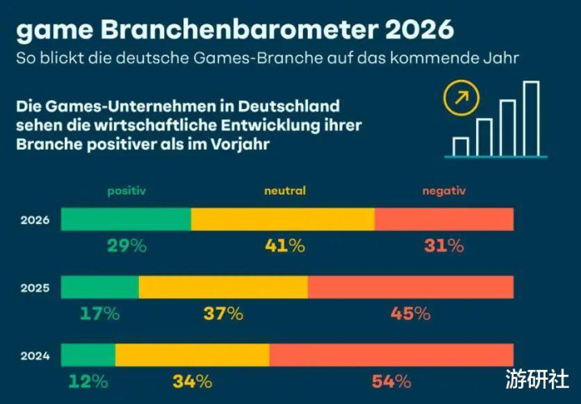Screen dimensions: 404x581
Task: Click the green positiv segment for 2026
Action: (126, 220)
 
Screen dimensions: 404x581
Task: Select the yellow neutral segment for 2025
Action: (223, 287)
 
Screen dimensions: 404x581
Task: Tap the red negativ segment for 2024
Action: (391, 355)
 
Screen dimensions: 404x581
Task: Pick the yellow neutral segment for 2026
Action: (283, 220)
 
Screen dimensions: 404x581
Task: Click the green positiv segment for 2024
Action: (88, 355)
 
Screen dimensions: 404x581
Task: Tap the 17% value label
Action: (99, 314)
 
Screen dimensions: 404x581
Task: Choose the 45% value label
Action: (410, 314)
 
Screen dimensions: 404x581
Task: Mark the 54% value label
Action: (391, 381)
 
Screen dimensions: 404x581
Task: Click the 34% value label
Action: (192, 381)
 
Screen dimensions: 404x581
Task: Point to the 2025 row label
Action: (36, 287)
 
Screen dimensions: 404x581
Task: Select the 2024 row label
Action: (36, 355)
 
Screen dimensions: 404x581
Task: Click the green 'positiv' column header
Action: (126, 191)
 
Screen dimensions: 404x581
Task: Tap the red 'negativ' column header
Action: (444, 191)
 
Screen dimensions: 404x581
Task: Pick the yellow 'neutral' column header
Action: (284, 191)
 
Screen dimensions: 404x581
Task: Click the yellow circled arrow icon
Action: (462, 99)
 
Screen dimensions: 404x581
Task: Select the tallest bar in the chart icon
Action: (531, 118)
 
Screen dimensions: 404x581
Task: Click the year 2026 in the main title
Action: (408, 31)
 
